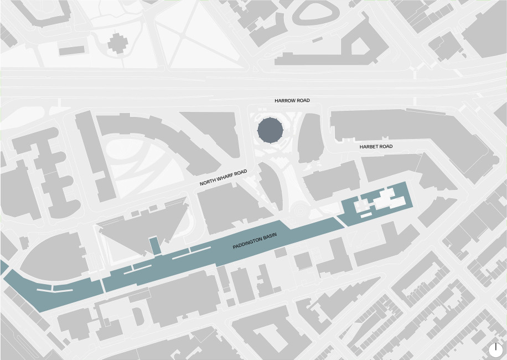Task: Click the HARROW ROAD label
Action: coord(292,101)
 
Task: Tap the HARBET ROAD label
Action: coord(376,147)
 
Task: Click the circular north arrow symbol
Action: coord(495,349)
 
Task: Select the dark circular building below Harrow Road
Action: coord(271,130)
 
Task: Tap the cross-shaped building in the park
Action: coord(117,43)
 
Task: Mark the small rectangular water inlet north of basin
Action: coord(155,245)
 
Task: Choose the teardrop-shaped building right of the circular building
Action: coord(311,138)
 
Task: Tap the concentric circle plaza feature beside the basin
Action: coord(299,209)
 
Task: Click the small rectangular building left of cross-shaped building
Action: coord(71,50)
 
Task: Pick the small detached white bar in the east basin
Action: coord(366,214)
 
